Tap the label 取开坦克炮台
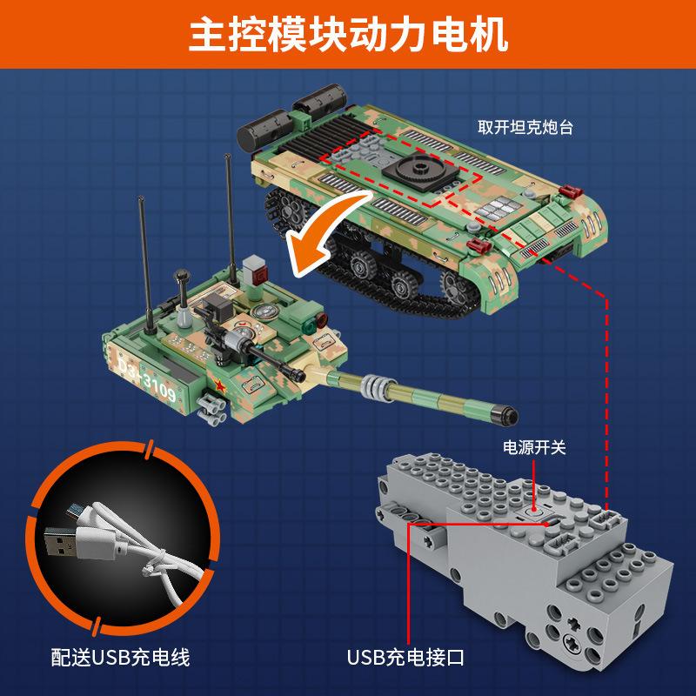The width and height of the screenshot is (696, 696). click(525, 127)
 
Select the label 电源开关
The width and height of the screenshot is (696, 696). click(534, 447)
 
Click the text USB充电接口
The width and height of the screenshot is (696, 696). click(405, 658)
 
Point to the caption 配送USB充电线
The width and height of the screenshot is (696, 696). click(120, 658)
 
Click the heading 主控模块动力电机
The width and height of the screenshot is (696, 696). click(349, 35)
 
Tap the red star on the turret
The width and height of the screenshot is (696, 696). click(219, 385)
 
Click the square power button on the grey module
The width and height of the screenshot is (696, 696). click(534, 512)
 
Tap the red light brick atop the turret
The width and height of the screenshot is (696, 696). click(258, 275)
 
